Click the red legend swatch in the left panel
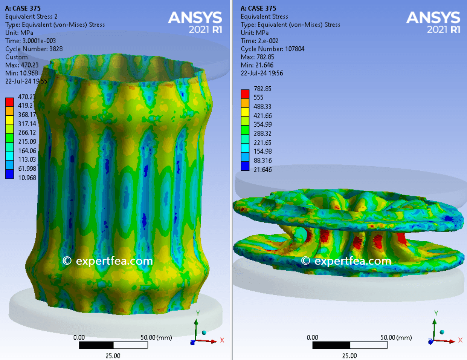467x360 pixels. [9, 102]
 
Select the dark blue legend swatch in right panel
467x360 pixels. [245, 166]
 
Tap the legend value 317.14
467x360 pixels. [27, 124]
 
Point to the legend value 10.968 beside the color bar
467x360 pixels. [27, 178]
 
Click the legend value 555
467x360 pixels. [258, 98]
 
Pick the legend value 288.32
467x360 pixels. [262, 133]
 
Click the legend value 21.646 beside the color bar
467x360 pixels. [262, 170]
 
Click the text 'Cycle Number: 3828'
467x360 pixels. [34, 49]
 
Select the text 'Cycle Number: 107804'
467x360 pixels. [272, 49]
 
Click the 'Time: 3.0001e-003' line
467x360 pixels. [31, 41]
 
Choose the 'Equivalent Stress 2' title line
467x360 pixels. [31, 17]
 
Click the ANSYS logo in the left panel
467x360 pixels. [195, 22]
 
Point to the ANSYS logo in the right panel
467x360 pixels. [433, 22]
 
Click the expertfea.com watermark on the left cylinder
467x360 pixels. [108, 261]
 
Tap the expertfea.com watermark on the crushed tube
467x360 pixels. [346, 261]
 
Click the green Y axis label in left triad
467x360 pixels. [198, 313]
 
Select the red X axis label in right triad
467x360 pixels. [460, 340]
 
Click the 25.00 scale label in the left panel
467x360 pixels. [113, 355]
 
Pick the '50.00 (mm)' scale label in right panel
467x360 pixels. [396, 337]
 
